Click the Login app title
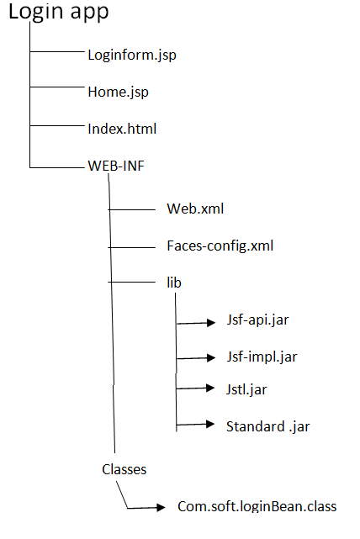click(x=58, y=13)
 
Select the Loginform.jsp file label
click(x=132, y=55)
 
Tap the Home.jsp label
click(x=119, y=92)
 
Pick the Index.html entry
click(x=122, y=129)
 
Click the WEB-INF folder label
click(x=116, y=166)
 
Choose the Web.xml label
click(x=195, y=209)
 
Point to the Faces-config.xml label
click(x=220, y=246)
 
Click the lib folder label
click(x=174, y=283)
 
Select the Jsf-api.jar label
click(x=257, y=320)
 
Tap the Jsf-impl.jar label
click(x=262, y=357)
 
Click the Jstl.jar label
click(x=246, y=389)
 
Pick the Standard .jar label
click(x=267, y=427)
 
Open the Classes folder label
click(x=124, y=469)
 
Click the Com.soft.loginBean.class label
click(x=257, y=506)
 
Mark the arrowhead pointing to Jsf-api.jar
click(x=211, y=322)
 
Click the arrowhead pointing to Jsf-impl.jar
click(x=211, y=358)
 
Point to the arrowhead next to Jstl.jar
click(x=210, y=388)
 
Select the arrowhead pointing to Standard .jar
click(x=210, y=424)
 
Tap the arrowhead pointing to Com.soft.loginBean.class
click(x=161, y=507)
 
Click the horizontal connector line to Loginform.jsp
click(x=57, y=51)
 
